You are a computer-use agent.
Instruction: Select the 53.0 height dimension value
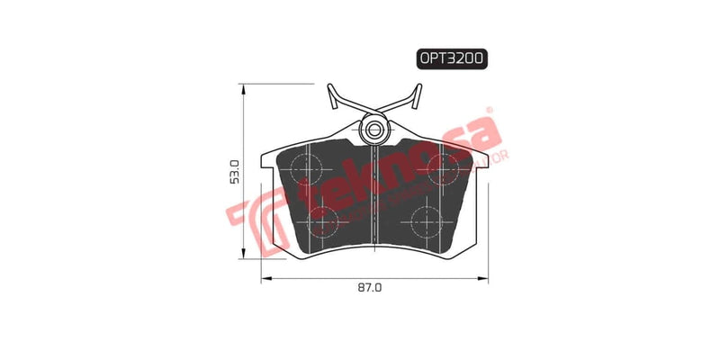(235, 171)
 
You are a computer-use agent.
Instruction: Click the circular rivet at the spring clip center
(373, 131)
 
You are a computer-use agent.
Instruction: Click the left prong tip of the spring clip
(328, 87)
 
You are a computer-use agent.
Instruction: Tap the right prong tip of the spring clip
(418, 87)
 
